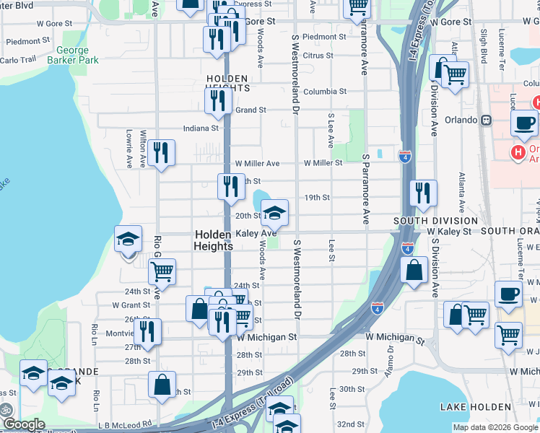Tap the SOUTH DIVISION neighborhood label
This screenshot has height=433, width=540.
point(435,220)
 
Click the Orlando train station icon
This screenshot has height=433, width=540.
point(487,120)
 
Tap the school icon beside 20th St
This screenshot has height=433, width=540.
point(274,212)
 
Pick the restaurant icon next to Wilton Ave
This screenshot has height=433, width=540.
point(161,153)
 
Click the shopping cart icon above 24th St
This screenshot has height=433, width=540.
point(162,272)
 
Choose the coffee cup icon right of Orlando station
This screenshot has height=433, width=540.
point(523,122)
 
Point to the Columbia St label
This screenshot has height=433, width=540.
point(324,92)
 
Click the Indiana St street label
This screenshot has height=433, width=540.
point(201,128)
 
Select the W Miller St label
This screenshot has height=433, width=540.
point(323,163)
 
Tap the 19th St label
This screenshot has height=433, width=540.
point(317,197)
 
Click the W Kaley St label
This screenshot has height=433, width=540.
point(449,232)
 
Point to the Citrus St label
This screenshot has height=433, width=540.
point(318,55)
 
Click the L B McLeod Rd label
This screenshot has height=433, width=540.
point(126,424)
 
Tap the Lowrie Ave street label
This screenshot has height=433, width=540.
point(129,149)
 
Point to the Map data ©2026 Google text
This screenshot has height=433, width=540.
point(495,427)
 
